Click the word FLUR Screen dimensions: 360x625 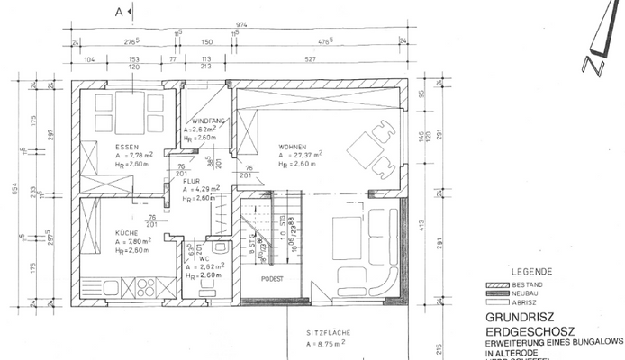(191, 182)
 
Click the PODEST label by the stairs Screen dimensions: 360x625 (272, 279)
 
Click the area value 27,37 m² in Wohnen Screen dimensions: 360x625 (303, 154)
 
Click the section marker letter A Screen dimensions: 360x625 (119, 11)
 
